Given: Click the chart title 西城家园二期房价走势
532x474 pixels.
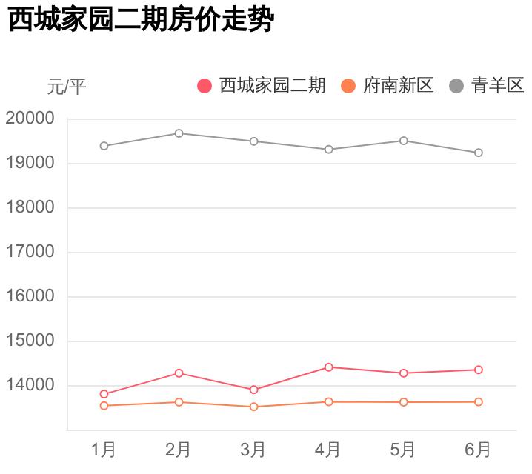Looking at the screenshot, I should pyautogui.click(x=141, y=20).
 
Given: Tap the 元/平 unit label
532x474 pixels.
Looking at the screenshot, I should pyautogui.click(x=67, y=87).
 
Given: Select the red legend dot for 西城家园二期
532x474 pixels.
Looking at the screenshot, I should pyautogui.click(x=205, y=86).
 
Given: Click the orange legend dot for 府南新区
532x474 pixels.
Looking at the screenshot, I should pyautogui.click(x=348, y=86).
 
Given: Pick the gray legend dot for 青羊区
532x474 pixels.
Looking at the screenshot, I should pyautogui.click(x=456, y=86).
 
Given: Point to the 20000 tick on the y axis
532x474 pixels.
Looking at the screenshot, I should pyautogui.click(x=30, y=118).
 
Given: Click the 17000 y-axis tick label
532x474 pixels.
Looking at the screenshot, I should pyautogui.click(x=30, y=252).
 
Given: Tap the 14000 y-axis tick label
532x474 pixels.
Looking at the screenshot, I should pyautogui.click(x=30, y=385).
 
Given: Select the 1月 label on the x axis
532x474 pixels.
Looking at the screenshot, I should pyautogui.click(x=104, y=450).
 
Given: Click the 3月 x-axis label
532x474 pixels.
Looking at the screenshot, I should pyautogui.click(x=253, y=450).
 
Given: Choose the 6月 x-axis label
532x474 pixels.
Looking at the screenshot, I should pyautogui.click(x=478, y=450).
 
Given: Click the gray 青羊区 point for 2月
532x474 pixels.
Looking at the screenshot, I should pyautogui.click(x=179, y=133).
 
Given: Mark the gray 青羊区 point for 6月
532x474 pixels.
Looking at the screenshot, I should pyautogui.click(x=479, y=153).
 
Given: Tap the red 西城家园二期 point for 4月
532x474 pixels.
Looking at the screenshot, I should pyautogui.click(x=328, y=367).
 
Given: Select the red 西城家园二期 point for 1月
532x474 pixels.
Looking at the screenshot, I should pyautogui.click(x=104, y=394).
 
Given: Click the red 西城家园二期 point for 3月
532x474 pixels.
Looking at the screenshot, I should pyautogui.click(x=253, y=390).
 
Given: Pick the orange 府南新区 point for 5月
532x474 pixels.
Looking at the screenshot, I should pyautogui.click(x=403, y=402).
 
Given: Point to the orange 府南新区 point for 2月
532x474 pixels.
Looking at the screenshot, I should pyautogui.click(x=179, y=402).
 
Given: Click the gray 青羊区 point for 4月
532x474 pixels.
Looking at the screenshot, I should pyautogui.click(x=328, y=150).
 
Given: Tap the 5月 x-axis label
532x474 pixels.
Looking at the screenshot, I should pyautogui.click(x=403, y=450).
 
